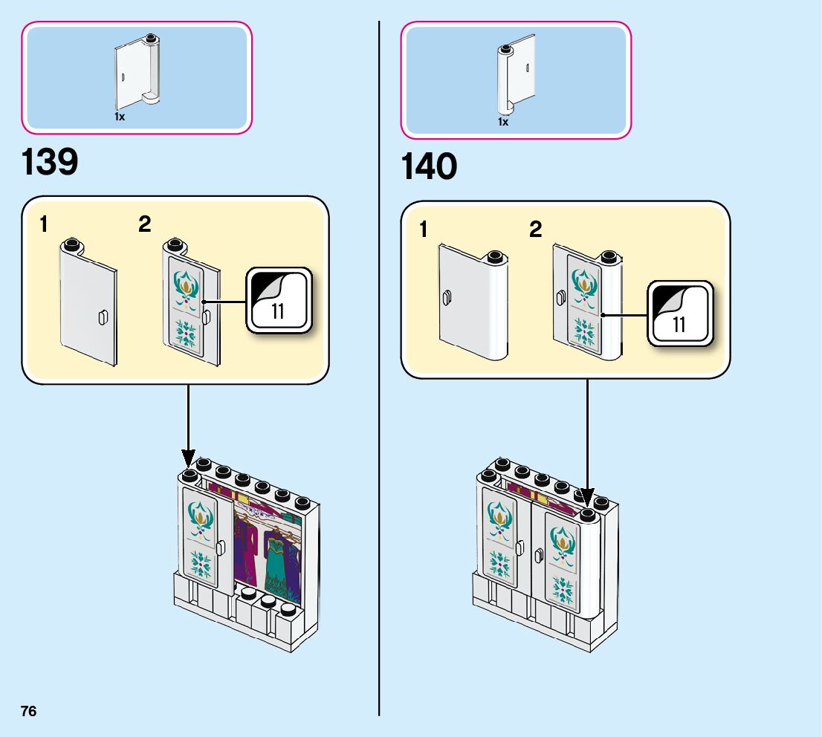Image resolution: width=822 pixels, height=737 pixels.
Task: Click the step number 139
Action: [50, 162]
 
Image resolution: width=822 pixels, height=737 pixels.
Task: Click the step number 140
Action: [429, 166]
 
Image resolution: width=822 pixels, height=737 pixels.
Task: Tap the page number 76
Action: [29, 711]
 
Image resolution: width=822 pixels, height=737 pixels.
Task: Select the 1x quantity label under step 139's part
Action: [119, 117]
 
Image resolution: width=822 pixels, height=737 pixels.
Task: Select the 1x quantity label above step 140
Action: [503, 122]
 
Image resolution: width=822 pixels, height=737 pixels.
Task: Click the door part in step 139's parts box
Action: [136, 71]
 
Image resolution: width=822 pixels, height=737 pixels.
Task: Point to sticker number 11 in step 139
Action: [278, 311]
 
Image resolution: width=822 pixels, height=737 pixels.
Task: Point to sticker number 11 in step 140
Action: [679, 324]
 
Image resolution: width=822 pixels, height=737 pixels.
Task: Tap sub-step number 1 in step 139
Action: [45, 224]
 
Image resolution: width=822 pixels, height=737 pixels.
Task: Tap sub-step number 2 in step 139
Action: [144, 224]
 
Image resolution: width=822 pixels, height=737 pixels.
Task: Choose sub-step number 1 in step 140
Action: [424, 230]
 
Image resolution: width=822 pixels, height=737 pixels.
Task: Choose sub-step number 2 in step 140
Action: [535, 230]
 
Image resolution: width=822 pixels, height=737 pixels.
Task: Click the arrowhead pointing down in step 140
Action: [587, 498]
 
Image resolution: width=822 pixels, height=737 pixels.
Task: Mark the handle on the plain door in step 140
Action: [447, 299]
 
